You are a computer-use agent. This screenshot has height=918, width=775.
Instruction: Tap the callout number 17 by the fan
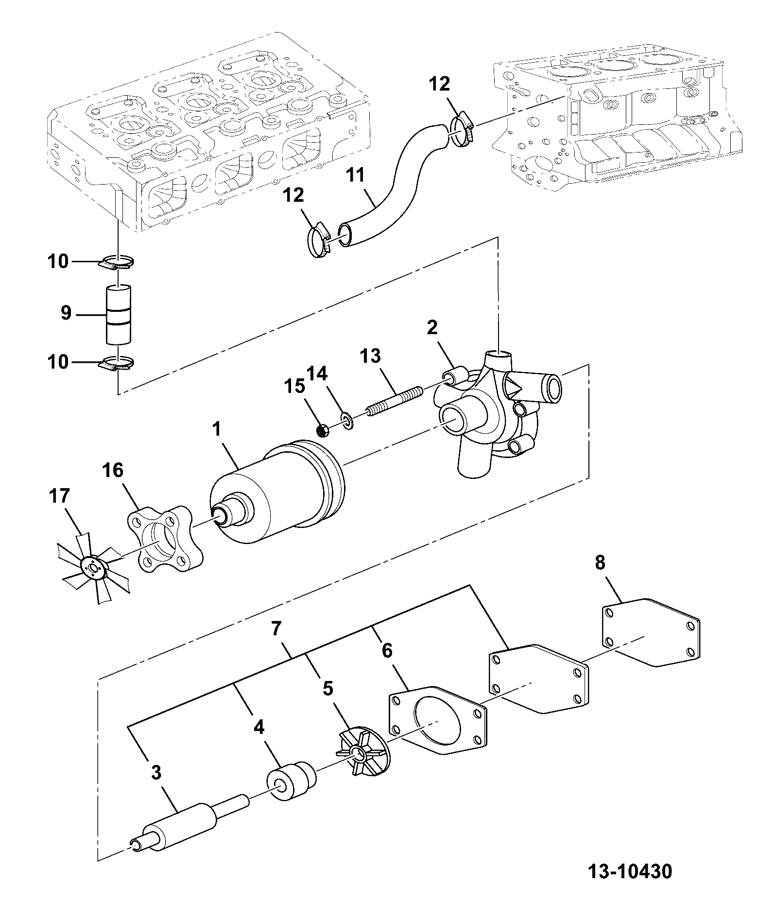59,496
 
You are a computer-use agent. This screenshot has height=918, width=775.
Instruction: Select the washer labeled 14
347,419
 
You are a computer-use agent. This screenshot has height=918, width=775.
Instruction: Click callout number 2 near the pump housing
432,328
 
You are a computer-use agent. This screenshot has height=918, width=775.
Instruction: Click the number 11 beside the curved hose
356,174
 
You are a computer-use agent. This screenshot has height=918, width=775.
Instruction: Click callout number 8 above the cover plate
600,563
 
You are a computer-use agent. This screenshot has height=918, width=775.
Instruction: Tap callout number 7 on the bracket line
276,629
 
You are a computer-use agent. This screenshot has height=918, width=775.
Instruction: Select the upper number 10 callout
58,262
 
